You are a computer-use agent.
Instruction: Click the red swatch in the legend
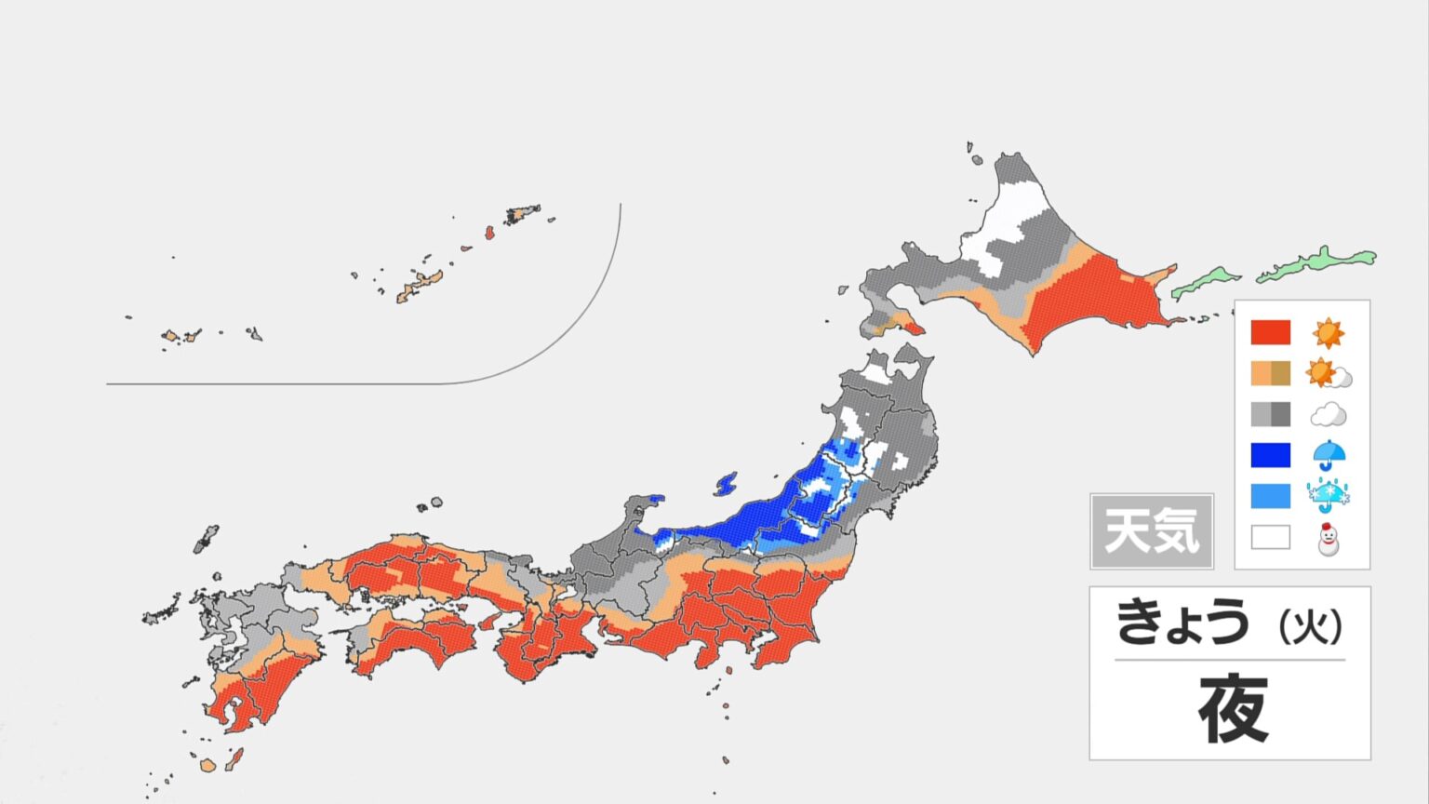[x=1270, y=332]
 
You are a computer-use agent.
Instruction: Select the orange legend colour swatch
[x=1270, y=373]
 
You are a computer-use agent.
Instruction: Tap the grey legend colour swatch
[x=1270, y=414]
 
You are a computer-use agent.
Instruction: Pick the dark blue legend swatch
[x=1270, y=455]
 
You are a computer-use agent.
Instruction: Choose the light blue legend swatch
[x=1270, y=496]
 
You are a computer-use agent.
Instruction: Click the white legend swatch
[x=1270, y=537]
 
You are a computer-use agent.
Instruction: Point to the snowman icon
[x=1328, y=539]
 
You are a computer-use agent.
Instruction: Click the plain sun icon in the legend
[x=1328, y=332]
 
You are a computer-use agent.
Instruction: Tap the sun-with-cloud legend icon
[x=1329, y=374]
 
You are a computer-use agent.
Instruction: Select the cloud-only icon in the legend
[x=1328, y=414]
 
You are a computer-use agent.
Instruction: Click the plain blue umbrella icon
[x=1329, y=455]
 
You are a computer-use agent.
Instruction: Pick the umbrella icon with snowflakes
[x=1329, y=496]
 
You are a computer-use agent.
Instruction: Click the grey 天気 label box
[x=1152, y=531]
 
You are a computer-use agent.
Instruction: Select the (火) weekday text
[x=1311, y=627]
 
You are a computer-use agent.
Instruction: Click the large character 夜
[x=1233, y=709]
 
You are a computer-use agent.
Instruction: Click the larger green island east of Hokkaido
[x=1317, y=264]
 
